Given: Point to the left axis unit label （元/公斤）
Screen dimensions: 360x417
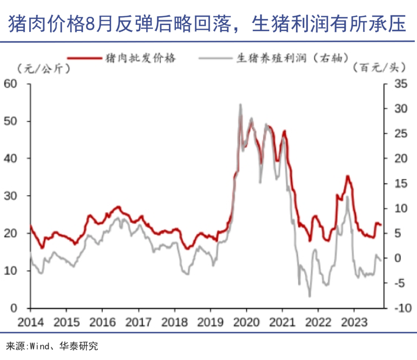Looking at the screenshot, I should coord(43,68).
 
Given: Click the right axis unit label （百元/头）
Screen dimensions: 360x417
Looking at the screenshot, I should coord(380,68).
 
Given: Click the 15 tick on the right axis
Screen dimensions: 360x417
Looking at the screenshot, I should coord(397,183).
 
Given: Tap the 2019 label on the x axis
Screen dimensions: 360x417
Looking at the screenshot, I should coord(210,322).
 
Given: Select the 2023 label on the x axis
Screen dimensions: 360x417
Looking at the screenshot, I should coord(354,322).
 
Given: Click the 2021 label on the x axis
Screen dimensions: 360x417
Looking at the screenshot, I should coord(282,322).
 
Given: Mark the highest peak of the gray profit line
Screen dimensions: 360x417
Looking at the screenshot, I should coord(240,104).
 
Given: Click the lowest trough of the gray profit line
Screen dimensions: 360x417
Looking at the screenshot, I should coord(309,296).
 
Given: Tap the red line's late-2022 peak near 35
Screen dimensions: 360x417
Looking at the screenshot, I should coord(347,176).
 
